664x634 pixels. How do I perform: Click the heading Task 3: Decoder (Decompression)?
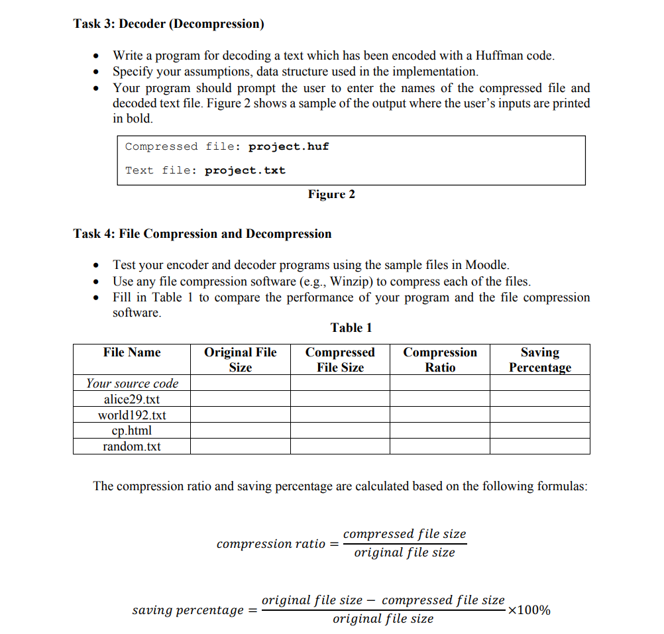(x=168, y=25)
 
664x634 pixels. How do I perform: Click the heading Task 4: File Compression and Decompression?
(x=202, y=234)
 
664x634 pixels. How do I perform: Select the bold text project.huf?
(x=288, y=146)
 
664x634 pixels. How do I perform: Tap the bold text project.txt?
(x=245, y=170)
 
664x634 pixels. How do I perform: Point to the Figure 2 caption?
(x=331, y=194)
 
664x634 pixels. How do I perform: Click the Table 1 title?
(x=351, y=327)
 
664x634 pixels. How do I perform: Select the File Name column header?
(x=132, y=352)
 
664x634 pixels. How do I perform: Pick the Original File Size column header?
(x=240, y=360)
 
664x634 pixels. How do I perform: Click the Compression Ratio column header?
(x=440, y=360)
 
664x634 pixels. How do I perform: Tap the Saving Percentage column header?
(x=539, y=360)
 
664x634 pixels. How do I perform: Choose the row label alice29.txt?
(x=132, y=399)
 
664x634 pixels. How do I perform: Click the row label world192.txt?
(x=132, y=415)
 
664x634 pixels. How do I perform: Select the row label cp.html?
(x=132, y=431)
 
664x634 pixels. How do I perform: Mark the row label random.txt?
(x=132, y=447)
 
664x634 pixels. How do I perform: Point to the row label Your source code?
(x=132, y=384)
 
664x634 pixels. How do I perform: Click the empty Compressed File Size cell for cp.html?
(x=340, y=431)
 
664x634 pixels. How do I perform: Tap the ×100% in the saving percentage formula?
(x=528, y=610)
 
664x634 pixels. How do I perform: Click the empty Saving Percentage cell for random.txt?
(x=539, y=447)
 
